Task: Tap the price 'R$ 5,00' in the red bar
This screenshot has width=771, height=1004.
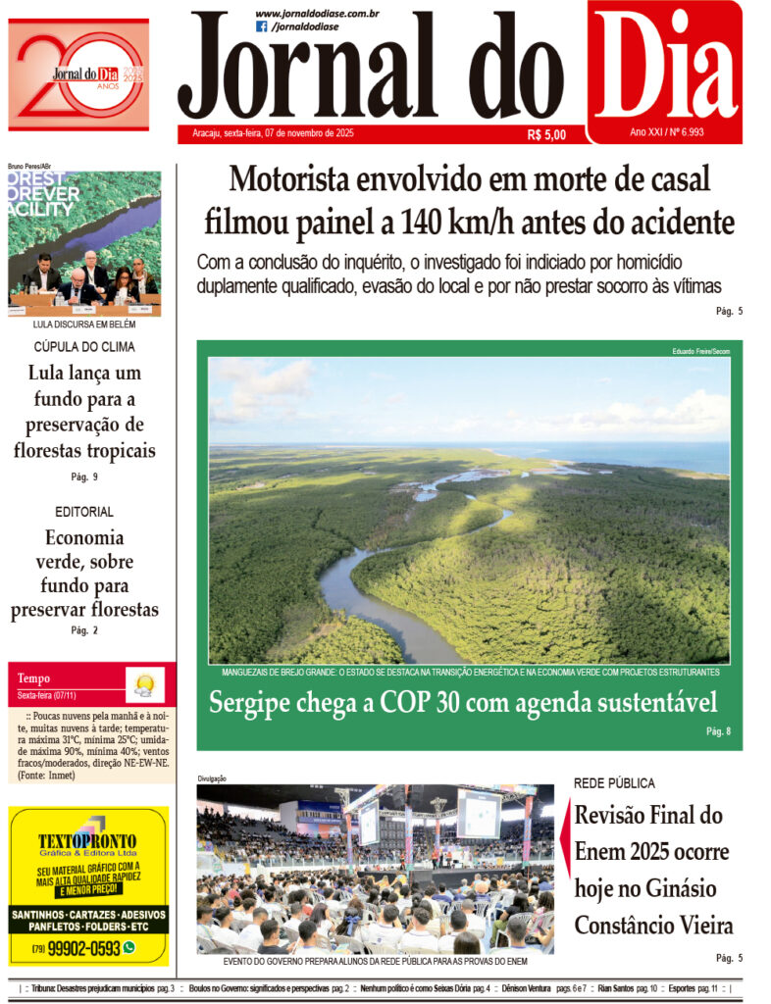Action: pyautogui.click(x=546, y=135)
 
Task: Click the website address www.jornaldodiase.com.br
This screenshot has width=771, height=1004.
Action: pyautogui.click(x=317, y=13)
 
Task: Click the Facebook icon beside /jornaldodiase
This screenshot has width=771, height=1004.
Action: pyautogui.click(x=262, y=26)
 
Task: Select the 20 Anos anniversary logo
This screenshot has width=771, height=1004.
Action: pyautogui.click(x=78, y=75)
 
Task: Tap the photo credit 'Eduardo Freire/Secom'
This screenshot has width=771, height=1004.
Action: pyautogui.click(x=700, y=351)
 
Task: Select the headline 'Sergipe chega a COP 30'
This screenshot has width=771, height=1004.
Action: pyautogui.click(x=462, y=702)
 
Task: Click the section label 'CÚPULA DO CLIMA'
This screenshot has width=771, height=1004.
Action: pyautogui.click(x=84, y=346)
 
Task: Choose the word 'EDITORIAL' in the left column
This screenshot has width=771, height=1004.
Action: pyautogui.click(x=84, y=511)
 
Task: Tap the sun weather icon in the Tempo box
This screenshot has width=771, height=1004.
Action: pyautogui.click(x=145, y=683)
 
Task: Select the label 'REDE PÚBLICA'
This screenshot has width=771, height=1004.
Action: pyautogui.click(x=614, y=783)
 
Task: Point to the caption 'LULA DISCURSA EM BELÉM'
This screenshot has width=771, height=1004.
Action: pyautogui.click(x=84, y=324)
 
